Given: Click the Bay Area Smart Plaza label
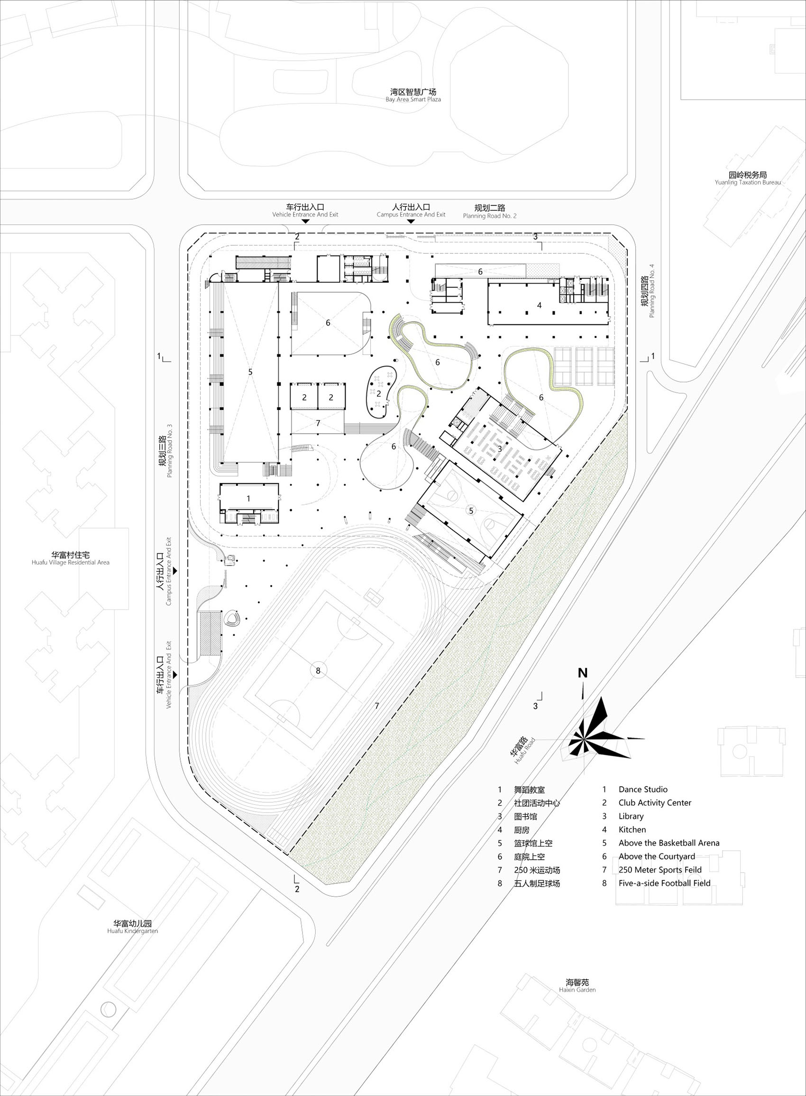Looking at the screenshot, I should click(x=413, y=95).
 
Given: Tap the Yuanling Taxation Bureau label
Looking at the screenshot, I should click(x=748, y=178).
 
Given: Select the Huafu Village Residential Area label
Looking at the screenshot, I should click(x=70, y=558).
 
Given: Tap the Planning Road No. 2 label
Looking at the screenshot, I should click(x=489, y=212).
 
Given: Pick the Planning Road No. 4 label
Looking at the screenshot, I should click(x=649, y=291).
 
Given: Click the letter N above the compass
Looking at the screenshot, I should click(x=583, y=673).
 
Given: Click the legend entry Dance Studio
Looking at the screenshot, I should click(x=642, y=789).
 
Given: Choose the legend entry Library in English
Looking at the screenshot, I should click(x=631, y=816).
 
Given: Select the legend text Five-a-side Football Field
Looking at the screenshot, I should click(x=664, y=882).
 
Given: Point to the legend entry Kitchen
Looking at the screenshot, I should click(x=632, y=829).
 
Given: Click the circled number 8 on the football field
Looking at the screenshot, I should click(x=318, y=670).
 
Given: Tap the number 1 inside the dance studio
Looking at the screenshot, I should click(x=248, y=499).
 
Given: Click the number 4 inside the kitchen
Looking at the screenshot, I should click(x=539, y=305).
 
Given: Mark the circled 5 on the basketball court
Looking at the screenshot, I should click(x=471, y=511).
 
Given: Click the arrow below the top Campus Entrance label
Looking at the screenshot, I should click(x=411, y=222).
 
